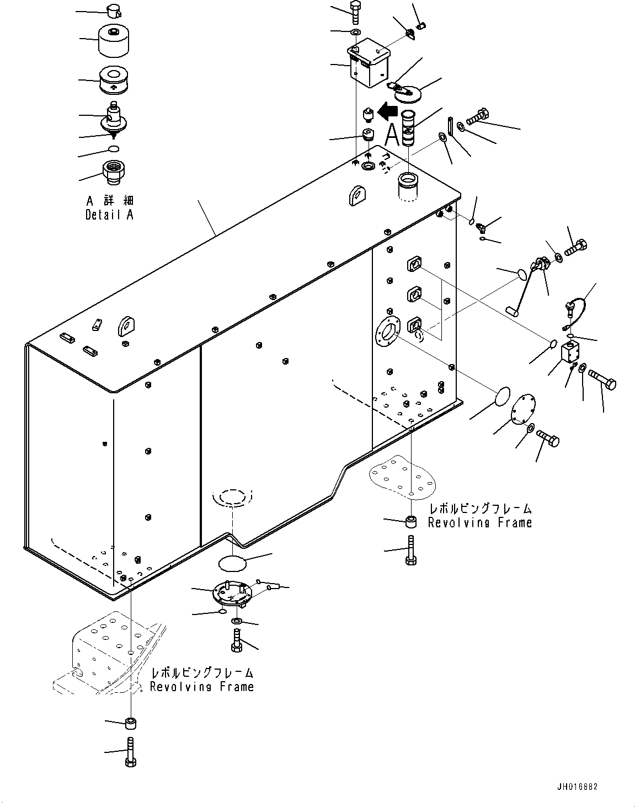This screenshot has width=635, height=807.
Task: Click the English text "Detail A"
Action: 109,215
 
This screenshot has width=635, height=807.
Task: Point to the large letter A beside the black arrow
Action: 392,135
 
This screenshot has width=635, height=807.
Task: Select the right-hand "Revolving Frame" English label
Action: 480,522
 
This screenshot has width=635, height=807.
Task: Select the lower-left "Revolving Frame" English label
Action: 202,687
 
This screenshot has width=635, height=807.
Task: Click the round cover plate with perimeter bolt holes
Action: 520,411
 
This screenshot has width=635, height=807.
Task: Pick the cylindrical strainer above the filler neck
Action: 409,127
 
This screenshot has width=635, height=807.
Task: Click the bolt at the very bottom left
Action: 130,751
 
